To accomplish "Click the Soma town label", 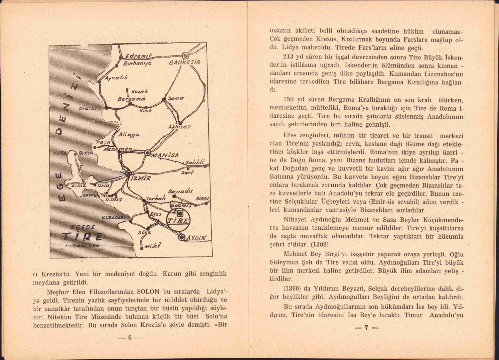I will pos(176,98).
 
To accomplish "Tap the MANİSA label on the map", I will pos(165,155).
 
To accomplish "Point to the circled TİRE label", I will pos(178,221).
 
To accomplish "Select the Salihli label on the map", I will pos(195,162).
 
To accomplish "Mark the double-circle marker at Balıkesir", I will pos(186,56).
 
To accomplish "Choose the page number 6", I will pos(130,337).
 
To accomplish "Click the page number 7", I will pos(366,327).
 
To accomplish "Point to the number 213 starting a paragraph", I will pos(288,57).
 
